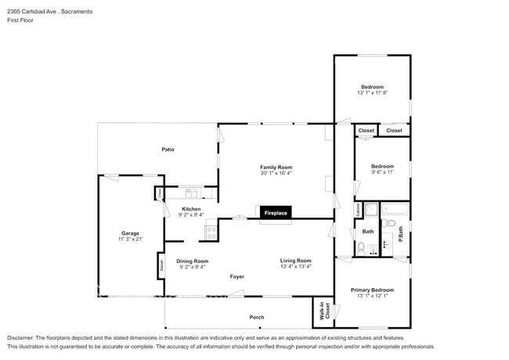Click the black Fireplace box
click(275, 213)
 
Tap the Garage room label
click(130, 233)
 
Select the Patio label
click(168, 149)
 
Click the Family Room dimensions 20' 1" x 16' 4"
click(276, 174)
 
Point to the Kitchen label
click(192, 209)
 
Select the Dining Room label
click(192, 261)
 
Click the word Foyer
click(237, 276)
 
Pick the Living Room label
click(296, 261)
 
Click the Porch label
click(257, 317)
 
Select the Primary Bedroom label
click(372, 290)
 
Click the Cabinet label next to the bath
click(357, 210)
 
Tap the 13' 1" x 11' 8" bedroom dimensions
click(373, 92)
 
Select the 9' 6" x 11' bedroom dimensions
click(382, 172)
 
